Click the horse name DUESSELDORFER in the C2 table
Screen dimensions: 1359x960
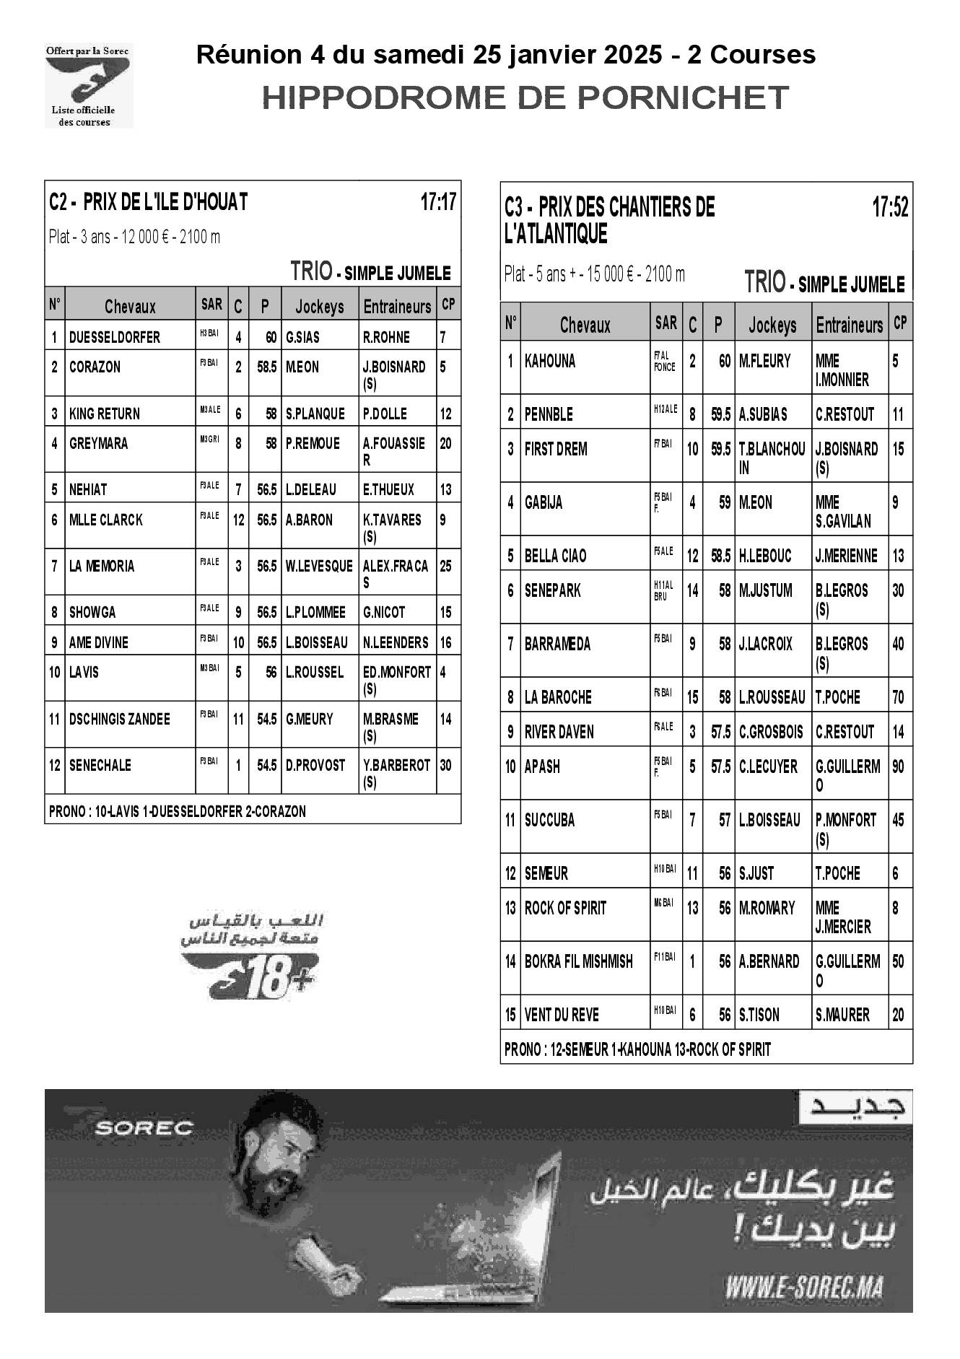115,337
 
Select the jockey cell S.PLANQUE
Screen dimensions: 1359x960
315,414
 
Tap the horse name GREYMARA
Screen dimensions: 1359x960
99,443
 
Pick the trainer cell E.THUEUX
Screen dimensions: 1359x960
388,489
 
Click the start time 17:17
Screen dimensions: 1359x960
438,202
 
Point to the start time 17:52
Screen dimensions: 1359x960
890,208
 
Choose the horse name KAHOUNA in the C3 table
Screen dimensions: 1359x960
550,361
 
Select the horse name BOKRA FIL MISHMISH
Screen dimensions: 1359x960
578,961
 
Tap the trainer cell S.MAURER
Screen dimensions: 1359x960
842,1015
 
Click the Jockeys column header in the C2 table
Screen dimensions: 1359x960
320,307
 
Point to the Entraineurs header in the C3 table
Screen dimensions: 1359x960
850,325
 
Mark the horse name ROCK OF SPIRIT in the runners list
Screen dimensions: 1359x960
565,908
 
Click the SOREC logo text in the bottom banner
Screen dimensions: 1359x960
144,1127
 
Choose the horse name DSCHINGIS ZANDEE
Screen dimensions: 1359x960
120,719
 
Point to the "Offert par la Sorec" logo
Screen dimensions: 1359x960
88,85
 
